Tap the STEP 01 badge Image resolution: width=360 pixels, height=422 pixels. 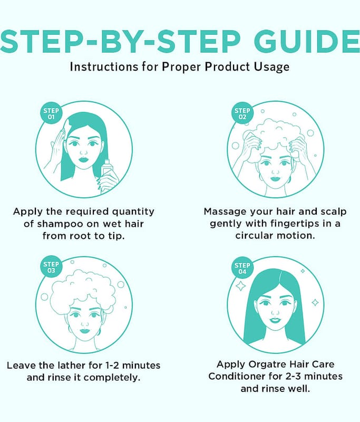(x=51, y=113)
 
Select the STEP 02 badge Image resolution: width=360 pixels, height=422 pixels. (x=242, y=113)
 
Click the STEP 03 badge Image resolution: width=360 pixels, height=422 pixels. (x=51, y=267)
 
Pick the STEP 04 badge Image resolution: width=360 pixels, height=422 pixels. (x=242, y=268)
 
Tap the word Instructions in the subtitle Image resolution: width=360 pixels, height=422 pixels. (x=104, y=67)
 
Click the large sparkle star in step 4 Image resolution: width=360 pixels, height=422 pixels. (x=240, y=286)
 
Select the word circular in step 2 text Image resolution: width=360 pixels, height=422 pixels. (x=254, y=236)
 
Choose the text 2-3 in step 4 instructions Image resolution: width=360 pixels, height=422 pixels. (x=295, y=376)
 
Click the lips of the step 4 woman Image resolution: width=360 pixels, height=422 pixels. (x=275, y=320)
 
